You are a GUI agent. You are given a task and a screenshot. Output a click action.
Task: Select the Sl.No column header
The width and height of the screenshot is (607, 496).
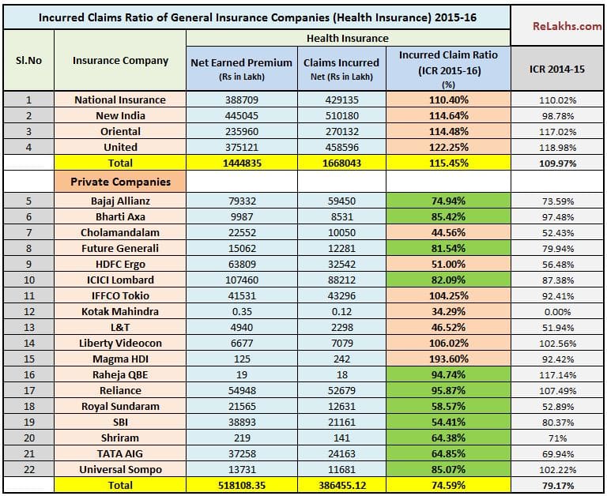(28, 60)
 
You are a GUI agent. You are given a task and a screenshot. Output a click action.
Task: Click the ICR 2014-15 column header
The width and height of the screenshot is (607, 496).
(557, 70)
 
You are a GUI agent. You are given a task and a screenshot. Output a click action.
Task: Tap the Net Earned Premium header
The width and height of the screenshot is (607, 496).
(241, 62)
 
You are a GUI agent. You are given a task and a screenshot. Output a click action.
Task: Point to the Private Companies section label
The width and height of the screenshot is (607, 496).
(120, 182)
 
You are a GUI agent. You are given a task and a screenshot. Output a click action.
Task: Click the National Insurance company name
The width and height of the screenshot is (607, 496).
(120, 100)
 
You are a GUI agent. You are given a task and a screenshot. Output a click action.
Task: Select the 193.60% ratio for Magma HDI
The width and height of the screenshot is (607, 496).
(449, 359)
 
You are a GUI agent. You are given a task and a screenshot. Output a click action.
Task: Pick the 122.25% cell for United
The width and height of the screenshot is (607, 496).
(449, 147)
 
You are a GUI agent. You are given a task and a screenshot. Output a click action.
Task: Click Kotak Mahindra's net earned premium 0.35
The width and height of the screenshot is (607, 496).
(241, 311)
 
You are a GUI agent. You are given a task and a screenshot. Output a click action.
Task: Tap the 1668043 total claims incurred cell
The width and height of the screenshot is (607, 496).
(341, 163)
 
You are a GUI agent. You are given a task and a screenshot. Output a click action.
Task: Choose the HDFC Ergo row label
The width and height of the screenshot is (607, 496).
(120, 264)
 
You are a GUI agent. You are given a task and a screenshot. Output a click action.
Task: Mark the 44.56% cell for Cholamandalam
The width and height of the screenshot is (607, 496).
(449, 232)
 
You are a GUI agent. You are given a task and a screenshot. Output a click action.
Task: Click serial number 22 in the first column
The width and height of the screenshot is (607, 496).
(28, 469)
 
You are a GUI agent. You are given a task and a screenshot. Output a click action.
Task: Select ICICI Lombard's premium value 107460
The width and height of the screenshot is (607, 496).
(241, 280)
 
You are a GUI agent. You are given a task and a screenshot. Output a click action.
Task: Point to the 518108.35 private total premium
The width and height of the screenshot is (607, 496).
(241, 485)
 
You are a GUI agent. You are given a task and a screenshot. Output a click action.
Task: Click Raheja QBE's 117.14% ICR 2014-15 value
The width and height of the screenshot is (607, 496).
(557, 374)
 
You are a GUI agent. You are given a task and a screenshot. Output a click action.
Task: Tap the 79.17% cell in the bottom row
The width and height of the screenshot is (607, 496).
(557, 485)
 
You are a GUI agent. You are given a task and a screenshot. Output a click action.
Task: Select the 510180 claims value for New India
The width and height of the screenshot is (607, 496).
(341, 115)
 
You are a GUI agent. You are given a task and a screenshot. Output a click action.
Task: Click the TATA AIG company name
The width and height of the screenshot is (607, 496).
(120, 453)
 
